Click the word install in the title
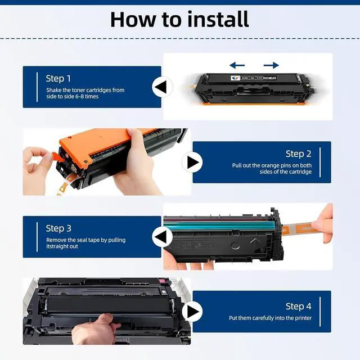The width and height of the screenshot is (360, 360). pyautogui.click(x=218, y=19)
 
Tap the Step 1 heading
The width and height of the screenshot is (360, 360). pyautogui.click(x=58, y=79)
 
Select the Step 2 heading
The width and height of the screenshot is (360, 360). pyautogui.click(x=299, y=154)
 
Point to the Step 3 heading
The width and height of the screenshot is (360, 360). pyautogui.click(x=58, y=228)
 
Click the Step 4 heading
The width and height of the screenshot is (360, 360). pyautogui.click(x=299, y=306)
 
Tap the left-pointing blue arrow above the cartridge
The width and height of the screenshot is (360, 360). pyautogui.click(x=237, y=65)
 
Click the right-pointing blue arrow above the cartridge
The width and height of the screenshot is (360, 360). pyautogui.click(x=271, y=65)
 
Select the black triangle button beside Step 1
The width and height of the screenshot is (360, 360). pyautogui.click(x=162, y=87)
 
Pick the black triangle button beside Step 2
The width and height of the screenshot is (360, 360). pyautogui.click(x=192, y=163)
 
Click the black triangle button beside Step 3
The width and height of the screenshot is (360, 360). pyautogui.click(x=162, y=237)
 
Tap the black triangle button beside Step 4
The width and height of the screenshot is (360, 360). pyautogui.click(x=192, y=312)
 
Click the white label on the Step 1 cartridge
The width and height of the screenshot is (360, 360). pyautogui.click(x=235, y=78)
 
